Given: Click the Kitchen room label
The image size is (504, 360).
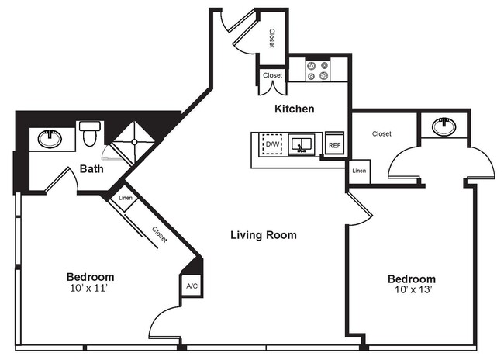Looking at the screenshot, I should tap(295, 109).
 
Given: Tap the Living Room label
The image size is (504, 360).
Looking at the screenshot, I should tap(264, 234).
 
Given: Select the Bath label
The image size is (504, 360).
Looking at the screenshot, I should tap(92, 168).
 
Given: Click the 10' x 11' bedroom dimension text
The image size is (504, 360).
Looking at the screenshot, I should tap(90, 289).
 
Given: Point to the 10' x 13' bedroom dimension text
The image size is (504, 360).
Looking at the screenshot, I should tap(411, 291).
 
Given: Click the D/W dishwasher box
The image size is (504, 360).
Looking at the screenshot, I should tap(272, 144).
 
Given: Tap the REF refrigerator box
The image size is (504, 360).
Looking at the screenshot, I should tap(334, 144).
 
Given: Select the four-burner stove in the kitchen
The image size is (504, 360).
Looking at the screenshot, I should tap(317, 71).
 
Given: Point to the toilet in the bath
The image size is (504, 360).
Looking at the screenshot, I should tap(90, 134).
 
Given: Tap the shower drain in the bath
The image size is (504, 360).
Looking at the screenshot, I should tap(133, 142).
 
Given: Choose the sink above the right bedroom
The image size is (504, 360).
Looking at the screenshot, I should tap(444, 126).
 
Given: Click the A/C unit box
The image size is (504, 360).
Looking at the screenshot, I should tap(191, 286).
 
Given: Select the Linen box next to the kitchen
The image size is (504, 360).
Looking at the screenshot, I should tap(358, 171).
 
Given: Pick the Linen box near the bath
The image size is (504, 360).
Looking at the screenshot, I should tap(125, 199).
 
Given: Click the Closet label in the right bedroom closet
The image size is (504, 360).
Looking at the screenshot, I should tap(381, 133).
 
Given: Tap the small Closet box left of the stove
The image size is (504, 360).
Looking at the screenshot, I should tap(272, 76).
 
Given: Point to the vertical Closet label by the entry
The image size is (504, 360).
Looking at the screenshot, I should tap(271, 38).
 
